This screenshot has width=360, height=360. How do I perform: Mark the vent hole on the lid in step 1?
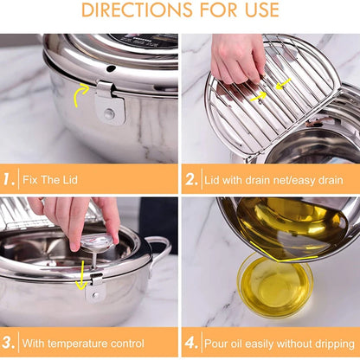111,68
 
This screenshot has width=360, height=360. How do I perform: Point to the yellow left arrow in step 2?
282,84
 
